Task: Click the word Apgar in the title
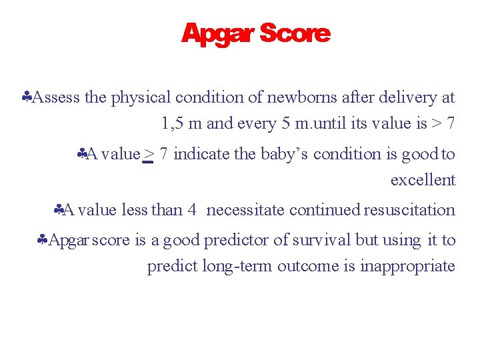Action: tap(217, 33)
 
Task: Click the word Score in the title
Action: tap(295, 33)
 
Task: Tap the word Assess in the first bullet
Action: tap(56, 97)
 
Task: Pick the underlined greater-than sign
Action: tap(149, 154)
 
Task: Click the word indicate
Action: tap(202, 154)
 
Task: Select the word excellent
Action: tap(423, 180)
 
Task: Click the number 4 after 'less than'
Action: tap(191, 210)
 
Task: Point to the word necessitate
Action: tap(249, 210)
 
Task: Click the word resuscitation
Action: tap(409, 210)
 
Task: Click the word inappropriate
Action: tap(407, 266)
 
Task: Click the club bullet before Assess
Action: tap(27, 98)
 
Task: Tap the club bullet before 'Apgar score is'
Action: tap(43, 241)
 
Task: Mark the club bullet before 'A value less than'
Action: tap(59, 211)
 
